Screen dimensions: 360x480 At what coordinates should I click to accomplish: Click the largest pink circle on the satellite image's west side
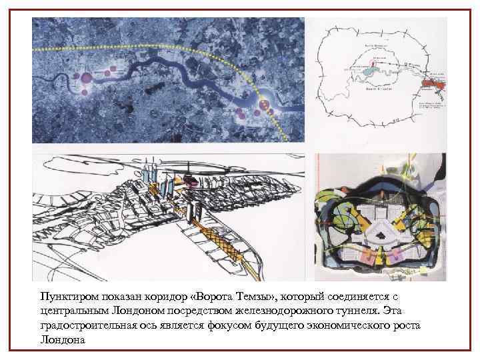(85, 78)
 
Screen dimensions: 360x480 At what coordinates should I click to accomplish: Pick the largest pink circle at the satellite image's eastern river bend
(264, 105)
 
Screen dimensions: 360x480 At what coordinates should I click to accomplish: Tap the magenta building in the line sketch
(190, 179)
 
